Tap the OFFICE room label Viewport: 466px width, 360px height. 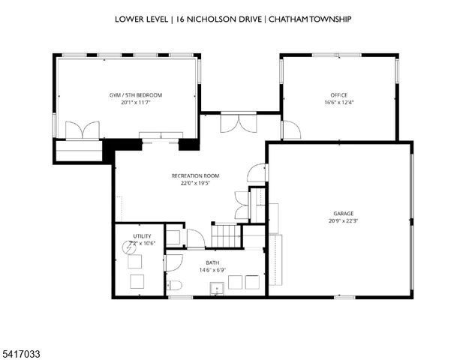pyautogui.click(x=339, y=95)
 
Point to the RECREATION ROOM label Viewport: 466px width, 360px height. pyautogui.click(x=190, y=175)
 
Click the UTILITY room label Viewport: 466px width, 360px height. pyautogui.click(x=141, y=236)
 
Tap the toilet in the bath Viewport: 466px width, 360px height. pyautogui.click(x=174, y=284)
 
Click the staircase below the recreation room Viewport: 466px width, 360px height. pyautogui.click(x=227, y=234)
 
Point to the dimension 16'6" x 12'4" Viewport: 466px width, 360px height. pyautogui.click(x=339, y=103)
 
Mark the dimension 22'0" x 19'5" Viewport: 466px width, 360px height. pyautogui.click(x=190, y=183)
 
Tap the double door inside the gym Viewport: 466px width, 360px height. pyautogui.click(x=83, y=130)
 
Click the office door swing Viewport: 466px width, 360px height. pyautogui.click(x=291, y=130)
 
